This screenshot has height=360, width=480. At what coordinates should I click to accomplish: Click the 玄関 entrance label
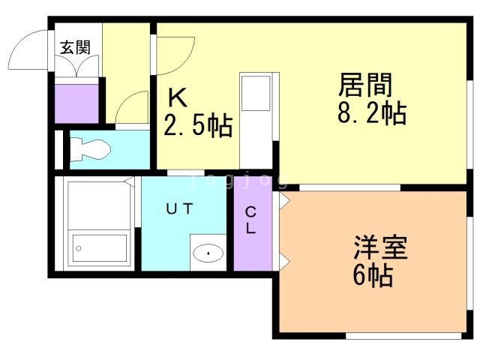[x=75, y=47]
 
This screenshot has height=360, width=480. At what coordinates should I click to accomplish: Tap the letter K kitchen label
[x=177, y=97]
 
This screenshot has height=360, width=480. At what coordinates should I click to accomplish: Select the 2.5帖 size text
[x=198, y=125]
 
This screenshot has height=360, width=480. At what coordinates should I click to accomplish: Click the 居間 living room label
[x=365, y=85]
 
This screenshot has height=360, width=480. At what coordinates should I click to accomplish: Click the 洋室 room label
[x=380, y=247]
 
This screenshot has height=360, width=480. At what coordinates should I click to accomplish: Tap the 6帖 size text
[x=372, y=276]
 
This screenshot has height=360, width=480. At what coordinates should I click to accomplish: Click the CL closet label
[x=251, y=220]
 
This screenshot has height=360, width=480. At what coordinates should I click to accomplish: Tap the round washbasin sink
[x=207, y=252]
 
